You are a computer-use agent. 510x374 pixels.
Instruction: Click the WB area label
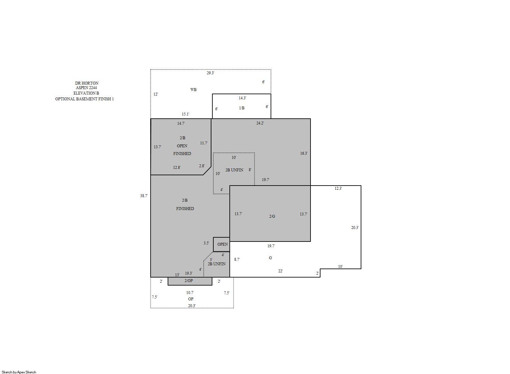(193, 90)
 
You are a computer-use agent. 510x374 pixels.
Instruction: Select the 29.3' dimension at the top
(210, 73)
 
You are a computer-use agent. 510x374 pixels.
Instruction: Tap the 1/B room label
(242, 108)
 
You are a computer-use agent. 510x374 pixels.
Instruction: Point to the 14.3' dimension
(242, 98)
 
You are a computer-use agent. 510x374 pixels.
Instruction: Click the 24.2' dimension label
(260, 123)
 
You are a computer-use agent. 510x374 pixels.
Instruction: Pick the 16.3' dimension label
(304, 153)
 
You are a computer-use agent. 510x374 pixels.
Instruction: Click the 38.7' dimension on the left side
(144, 196)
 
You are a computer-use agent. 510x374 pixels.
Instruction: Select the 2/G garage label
(272, 216)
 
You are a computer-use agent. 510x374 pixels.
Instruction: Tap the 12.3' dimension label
(338, 188)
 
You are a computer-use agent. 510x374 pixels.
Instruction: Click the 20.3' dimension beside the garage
(355, 227)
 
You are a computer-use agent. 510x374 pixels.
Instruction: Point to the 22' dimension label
(280, 271)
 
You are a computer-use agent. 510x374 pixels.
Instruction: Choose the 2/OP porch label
(189, 280)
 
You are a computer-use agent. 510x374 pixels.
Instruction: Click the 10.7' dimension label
(190, 293)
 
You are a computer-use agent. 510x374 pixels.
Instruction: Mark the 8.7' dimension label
(237, 259)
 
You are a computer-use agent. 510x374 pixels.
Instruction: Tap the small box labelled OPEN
(221, 244)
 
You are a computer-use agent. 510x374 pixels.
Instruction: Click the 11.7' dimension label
(204, 143)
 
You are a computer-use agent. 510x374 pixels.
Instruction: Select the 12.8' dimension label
(177, 168)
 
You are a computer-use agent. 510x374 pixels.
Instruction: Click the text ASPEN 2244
(86, 87)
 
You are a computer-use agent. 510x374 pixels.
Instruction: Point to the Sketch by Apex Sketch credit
(19, 372)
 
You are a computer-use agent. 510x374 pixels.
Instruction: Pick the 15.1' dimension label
(185, 114)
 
